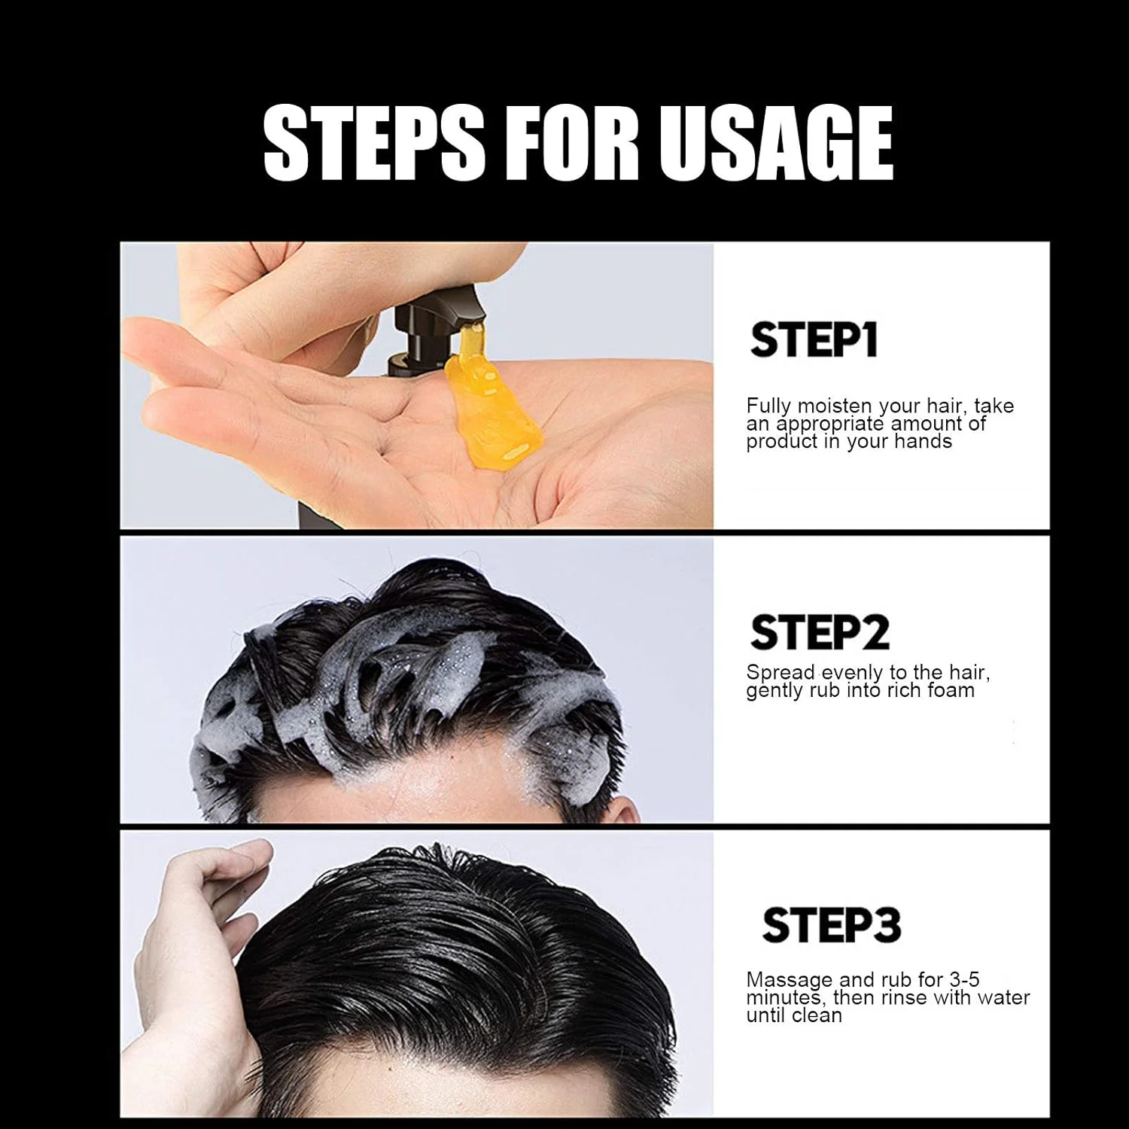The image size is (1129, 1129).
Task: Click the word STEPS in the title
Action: click(374, 142)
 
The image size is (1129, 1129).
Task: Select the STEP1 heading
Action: click(814, 340)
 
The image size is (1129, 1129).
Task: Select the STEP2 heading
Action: click(820, 632)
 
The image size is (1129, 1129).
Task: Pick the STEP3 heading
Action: click(831, 925)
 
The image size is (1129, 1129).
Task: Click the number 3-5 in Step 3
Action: click(964, 980)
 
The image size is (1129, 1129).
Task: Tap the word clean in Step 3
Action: click(816, 1015)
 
